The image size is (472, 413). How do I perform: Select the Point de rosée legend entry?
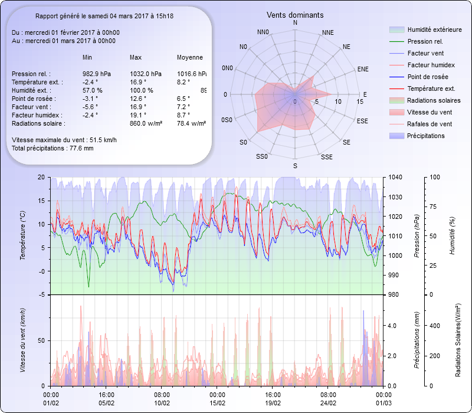[x=427, y=77]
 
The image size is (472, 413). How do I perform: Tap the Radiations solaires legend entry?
[x=432, y=100]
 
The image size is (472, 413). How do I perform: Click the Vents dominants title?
[x=295, y=15]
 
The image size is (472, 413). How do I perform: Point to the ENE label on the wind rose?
[x=363, y=69]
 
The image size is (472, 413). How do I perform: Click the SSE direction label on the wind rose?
[x=326, y=157]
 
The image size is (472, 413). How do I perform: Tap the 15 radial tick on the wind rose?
[x=360, y=101]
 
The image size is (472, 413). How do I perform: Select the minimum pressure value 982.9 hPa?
[x=96, y=74]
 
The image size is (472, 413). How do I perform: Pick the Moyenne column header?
[x=190, y=58]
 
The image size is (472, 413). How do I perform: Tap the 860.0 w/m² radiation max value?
[x=146, y=123]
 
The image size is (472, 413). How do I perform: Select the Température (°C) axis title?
[x=22, y=236]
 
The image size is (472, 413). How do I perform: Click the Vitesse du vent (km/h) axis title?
[x=22, y=340]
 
